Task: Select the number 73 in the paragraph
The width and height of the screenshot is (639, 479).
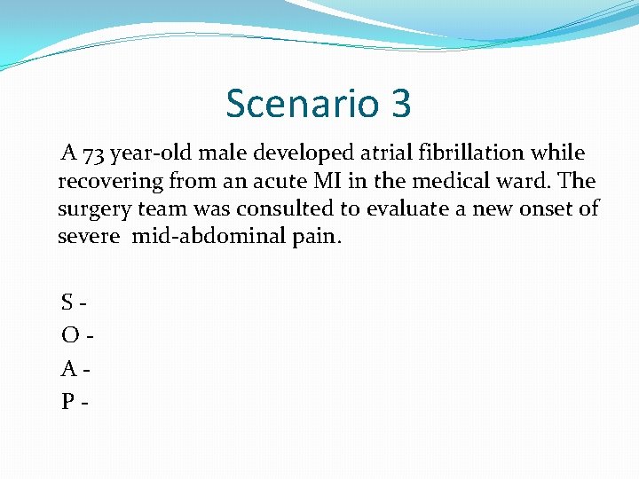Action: coord(95,153)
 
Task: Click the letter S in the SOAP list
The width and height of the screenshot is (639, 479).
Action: coord(67,302)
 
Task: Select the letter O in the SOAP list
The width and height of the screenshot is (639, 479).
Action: coord(69,336)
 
